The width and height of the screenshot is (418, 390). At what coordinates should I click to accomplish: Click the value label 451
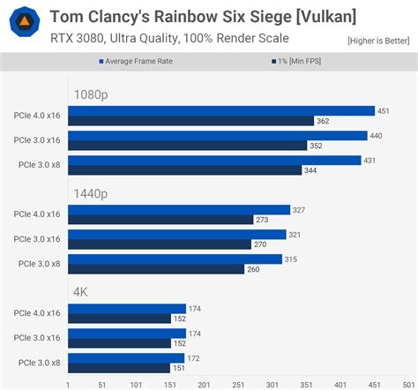pyautogui.click(x=384, y=111)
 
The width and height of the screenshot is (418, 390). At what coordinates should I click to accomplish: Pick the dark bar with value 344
pyautogui.click(x=184, y=169)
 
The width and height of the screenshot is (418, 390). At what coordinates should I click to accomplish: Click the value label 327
pyautogui.click(x=299, y=210)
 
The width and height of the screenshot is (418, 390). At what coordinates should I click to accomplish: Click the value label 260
pyautogui.click(x=253, y=268)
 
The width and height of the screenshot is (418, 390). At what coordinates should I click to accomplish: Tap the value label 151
pyautogui.click(x=180, y=367)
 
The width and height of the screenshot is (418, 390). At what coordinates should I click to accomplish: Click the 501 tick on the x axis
pyautogui.click(x=408, y=385)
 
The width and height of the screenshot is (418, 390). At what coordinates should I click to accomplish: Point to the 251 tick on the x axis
pyautogui.click(x=238, y=385)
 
